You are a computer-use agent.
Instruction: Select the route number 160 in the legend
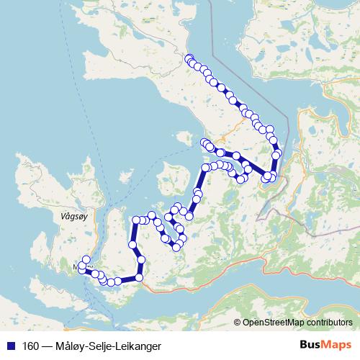[30, 345]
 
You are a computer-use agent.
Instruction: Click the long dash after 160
[47, 345]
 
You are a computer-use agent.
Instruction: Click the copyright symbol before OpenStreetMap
[238, 323]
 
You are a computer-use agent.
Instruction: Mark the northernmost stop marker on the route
[189, 58]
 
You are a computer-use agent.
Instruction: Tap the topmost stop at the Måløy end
[86, 260]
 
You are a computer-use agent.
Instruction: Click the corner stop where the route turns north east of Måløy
[139, 277]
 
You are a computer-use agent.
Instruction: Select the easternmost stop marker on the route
[277, 155]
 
